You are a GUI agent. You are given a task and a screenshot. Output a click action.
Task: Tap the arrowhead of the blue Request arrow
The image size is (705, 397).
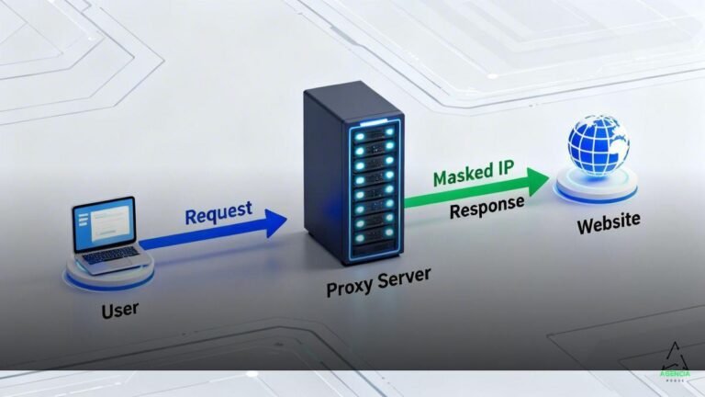pos(274,221)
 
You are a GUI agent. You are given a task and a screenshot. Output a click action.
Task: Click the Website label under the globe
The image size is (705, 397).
pos(608,224)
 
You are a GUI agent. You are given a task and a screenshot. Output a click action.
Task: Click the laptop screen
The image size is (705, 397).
pos(104,224)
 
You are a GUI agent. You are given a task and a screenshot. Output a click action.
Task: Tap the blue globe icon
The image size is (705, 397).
pos(598,148)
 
